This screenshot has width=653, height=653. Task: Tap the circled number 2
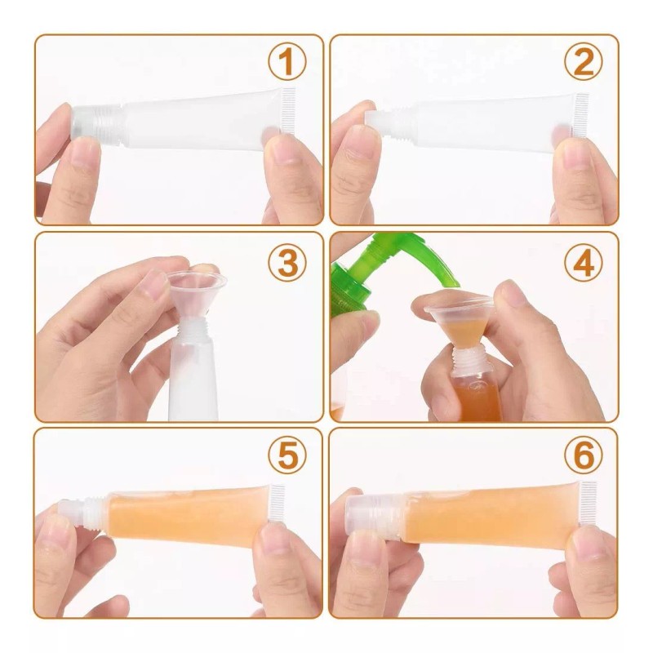tap(583, 62)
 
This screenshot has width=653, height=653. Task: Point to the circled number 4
tap(583, 262)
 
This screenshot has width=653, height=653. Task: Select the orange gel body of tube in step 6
tap(482, 511)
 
